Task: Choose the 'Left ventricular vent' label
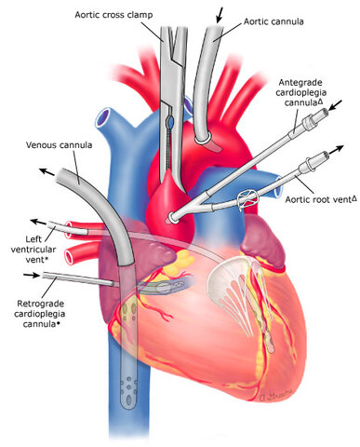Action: pos(33,249)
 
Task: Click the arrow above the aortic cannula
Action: pos(220,13)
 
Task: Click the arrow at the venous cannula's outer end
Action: pos(44,170)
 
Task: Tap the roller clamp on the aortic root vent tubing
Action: pos(250,200)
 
